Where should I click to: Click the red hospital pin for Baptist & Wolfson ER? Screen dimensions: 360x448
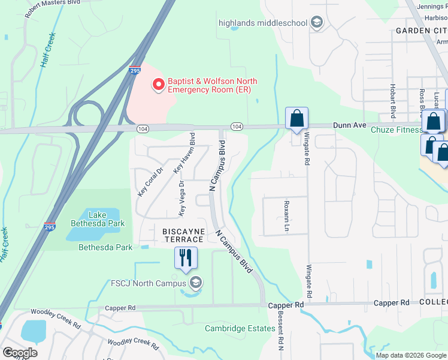159,85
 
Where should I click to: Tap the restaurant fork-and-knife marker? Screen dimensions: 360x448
186,257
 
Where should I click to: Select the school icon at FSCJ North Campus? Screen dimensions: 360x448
195,283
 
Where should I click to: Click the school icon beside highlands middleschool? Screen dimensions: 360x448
317,23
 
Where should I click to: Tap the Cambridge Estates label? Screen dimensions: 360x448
235,328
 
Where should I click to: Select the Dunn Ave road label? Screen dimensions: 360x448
348,125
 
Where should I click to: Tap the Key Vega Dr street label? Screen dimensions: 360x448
180,198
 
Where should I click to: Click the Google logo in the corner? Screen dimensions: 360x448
20,353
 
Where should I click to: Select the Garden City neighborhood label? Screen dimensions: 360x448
421,31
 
